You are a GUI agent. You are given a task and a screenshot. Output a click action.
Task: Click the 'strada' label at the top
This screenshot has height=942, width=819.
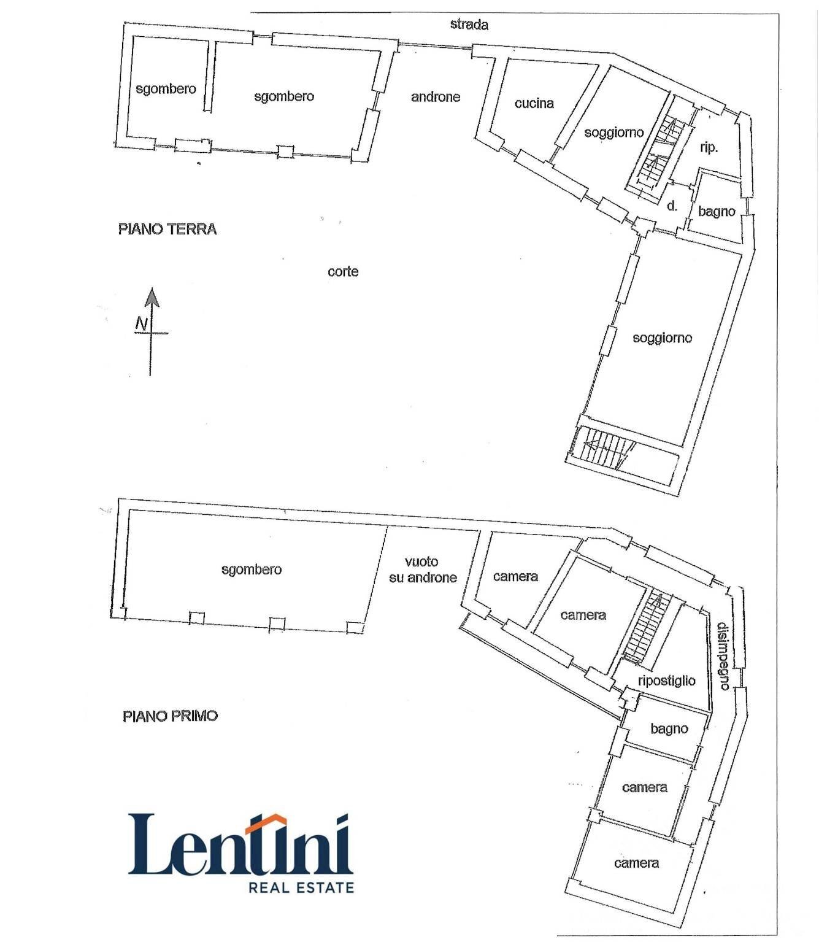[469, 25]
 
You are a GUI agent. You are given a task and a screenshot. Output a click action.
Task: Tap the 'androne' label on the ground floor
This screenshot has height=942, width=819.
[436, 97]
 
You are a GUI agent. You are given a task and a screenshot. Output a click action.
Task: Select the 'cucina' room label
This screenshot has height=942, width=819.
[534, 103]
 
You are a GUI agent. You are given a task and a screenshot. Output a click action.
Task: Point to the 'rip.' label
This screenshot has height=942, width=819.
[709, 149]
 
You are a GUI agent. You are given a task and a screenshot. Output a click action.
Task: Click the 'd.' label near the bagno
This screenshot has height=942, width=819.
[672, 206]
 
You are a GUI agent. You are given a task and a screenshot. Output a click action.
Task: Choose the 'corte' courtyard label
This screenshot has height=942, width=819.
[343, 272]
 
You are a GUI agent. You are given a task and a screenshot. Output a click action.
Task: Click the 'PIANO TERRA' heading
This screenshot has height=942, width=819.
[167, 229]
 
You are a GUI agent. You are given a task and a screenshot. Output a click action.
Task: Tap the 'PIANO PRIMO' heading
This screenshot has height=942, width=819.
[170, 716]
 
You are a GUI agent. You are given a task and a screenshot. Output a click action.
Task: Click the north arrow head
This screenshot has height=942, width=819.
[152, 298]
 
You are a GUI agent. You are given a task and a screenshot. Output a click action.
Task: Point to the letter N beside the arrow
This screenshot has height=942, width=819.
[142, 324]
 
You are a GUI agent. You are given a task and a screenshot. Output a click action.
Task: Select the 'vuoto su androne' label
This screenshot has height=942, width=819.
[423, 569]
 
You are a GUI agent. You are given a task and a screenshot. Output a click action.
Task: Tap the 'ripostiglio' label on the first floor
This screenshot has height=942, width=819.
[666, 681]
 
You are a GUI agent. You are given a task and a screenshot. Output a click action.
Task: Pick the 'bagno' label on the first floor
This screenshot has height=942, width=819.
[669, 728]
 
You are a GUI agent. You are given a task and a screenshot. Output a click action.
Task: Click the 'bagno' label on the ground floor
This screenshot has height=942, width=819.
[717, 211]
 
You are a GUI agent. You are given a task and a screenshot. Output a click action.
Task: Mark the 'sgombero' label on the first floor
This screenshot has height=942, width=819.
[252, 569]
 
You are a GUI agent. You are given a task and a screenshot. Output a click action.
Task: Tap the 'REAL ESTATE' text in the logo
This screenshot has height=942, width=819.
[301, 887]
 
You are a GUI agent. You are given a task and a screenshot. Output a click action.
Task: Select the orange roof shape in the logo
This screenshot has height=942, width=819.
[266, 824]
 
